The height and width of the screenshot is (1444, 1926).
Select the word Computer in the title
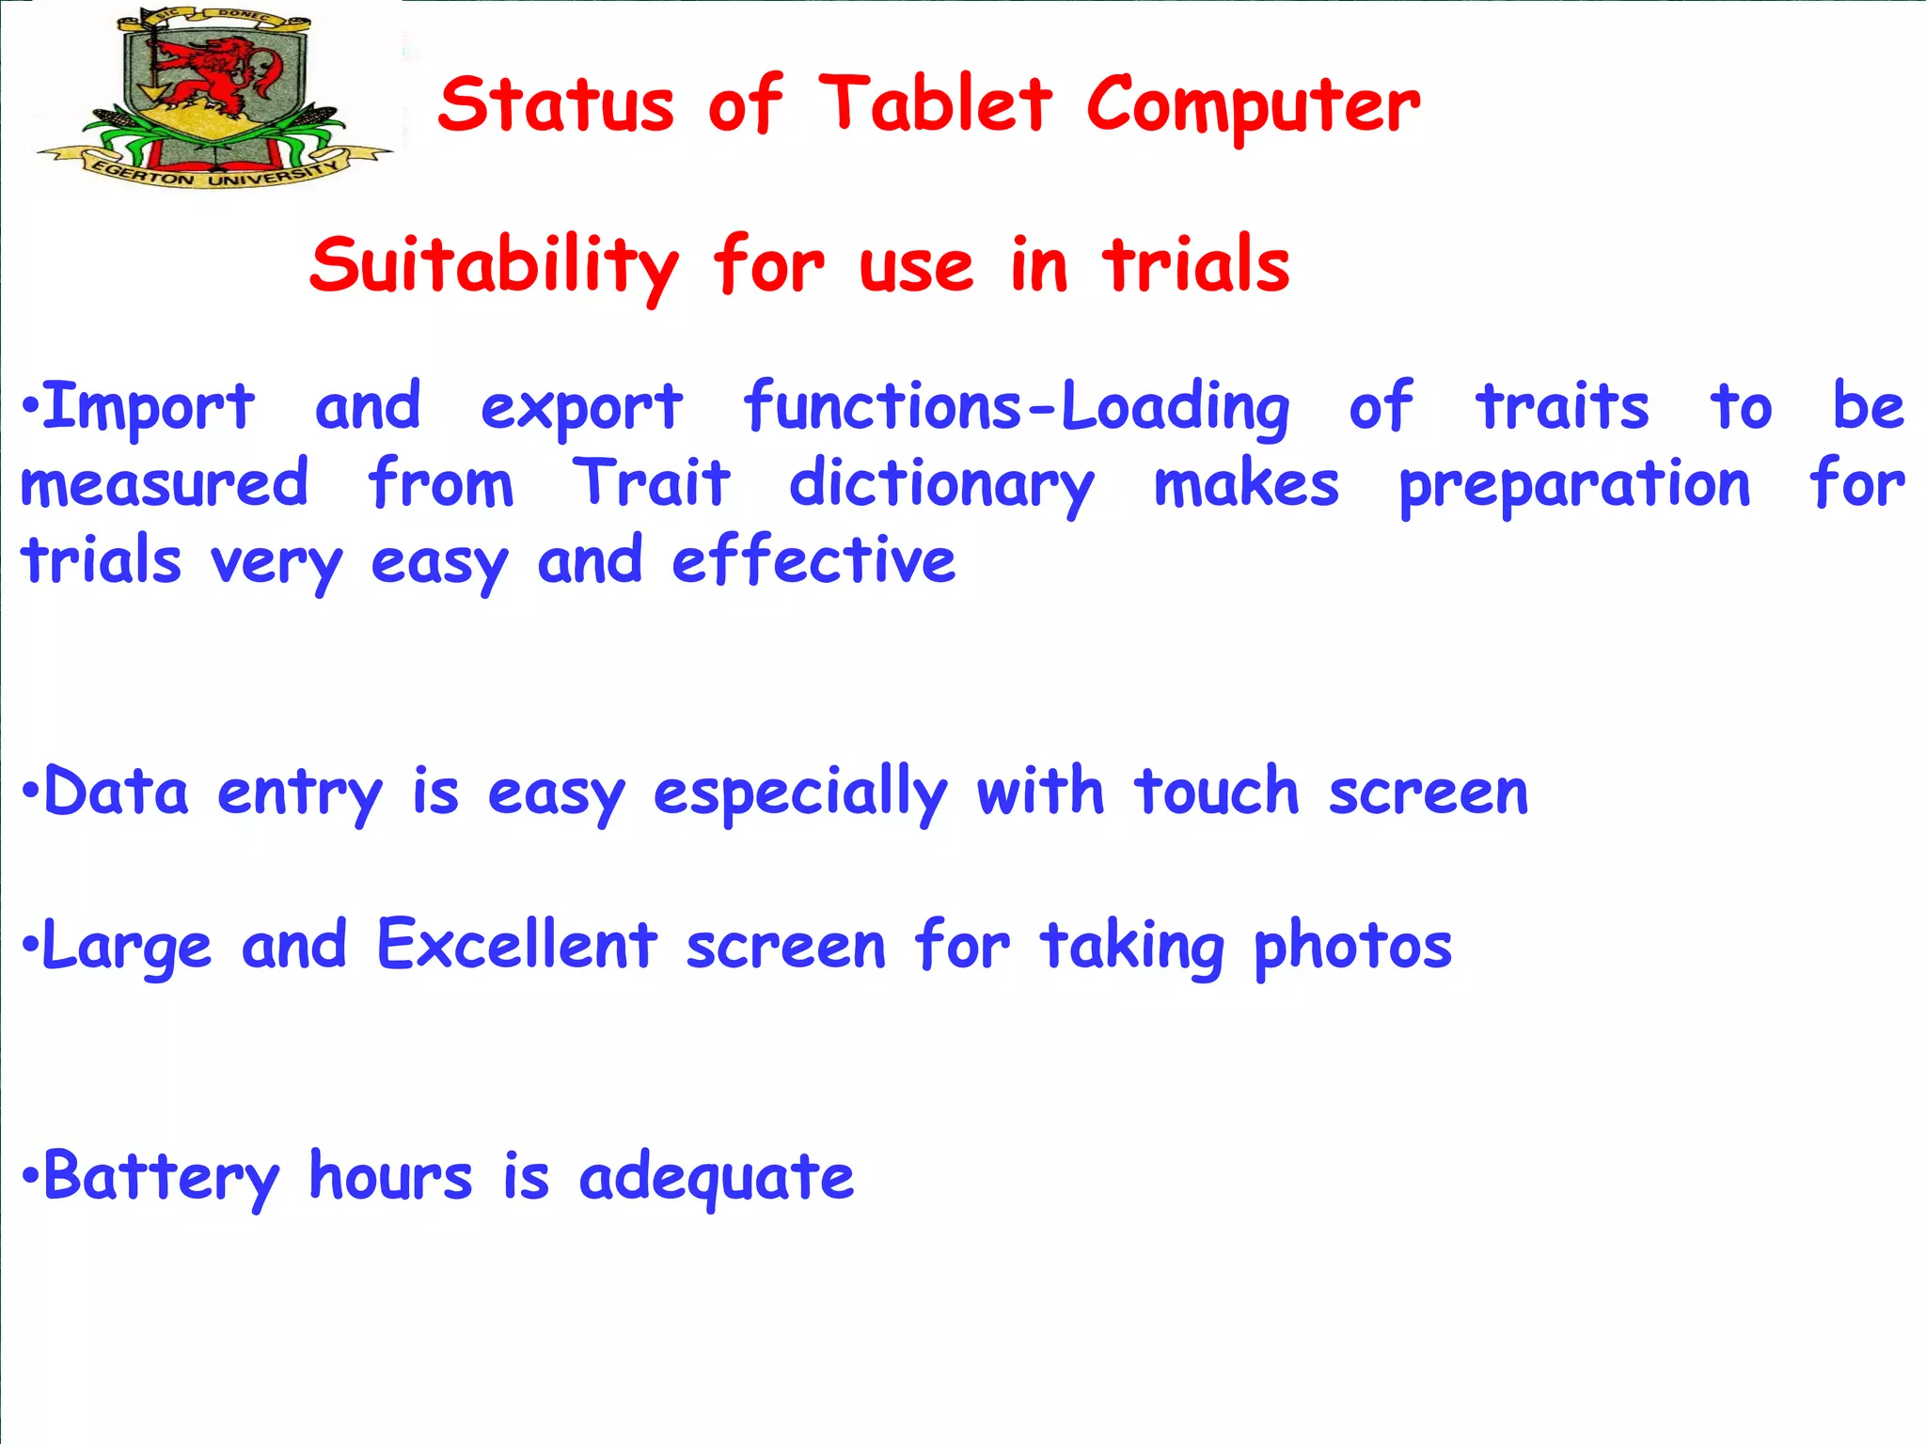coord(1253,105)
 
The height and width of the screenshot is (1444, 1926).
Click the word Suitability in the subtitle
coord(494,265)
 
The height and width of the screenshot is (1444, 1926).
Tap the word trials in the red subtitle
coord(1196,265)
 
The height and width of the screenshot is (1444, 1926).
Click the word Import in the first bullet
coord(149,408)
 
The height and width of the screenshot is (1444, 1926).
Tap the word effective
coord(813,561)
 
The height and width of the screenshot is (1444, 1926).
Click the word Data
coord(116,792)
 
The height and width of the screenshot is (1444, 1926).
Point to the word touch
coord(1217,792)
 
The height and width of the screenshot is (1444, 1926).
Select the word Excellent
coord(516,945)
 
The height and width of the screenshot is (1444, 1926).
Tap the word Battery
coord(161,1177)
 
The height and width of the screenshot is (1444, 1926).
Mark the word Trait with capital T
coord(651,483)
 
